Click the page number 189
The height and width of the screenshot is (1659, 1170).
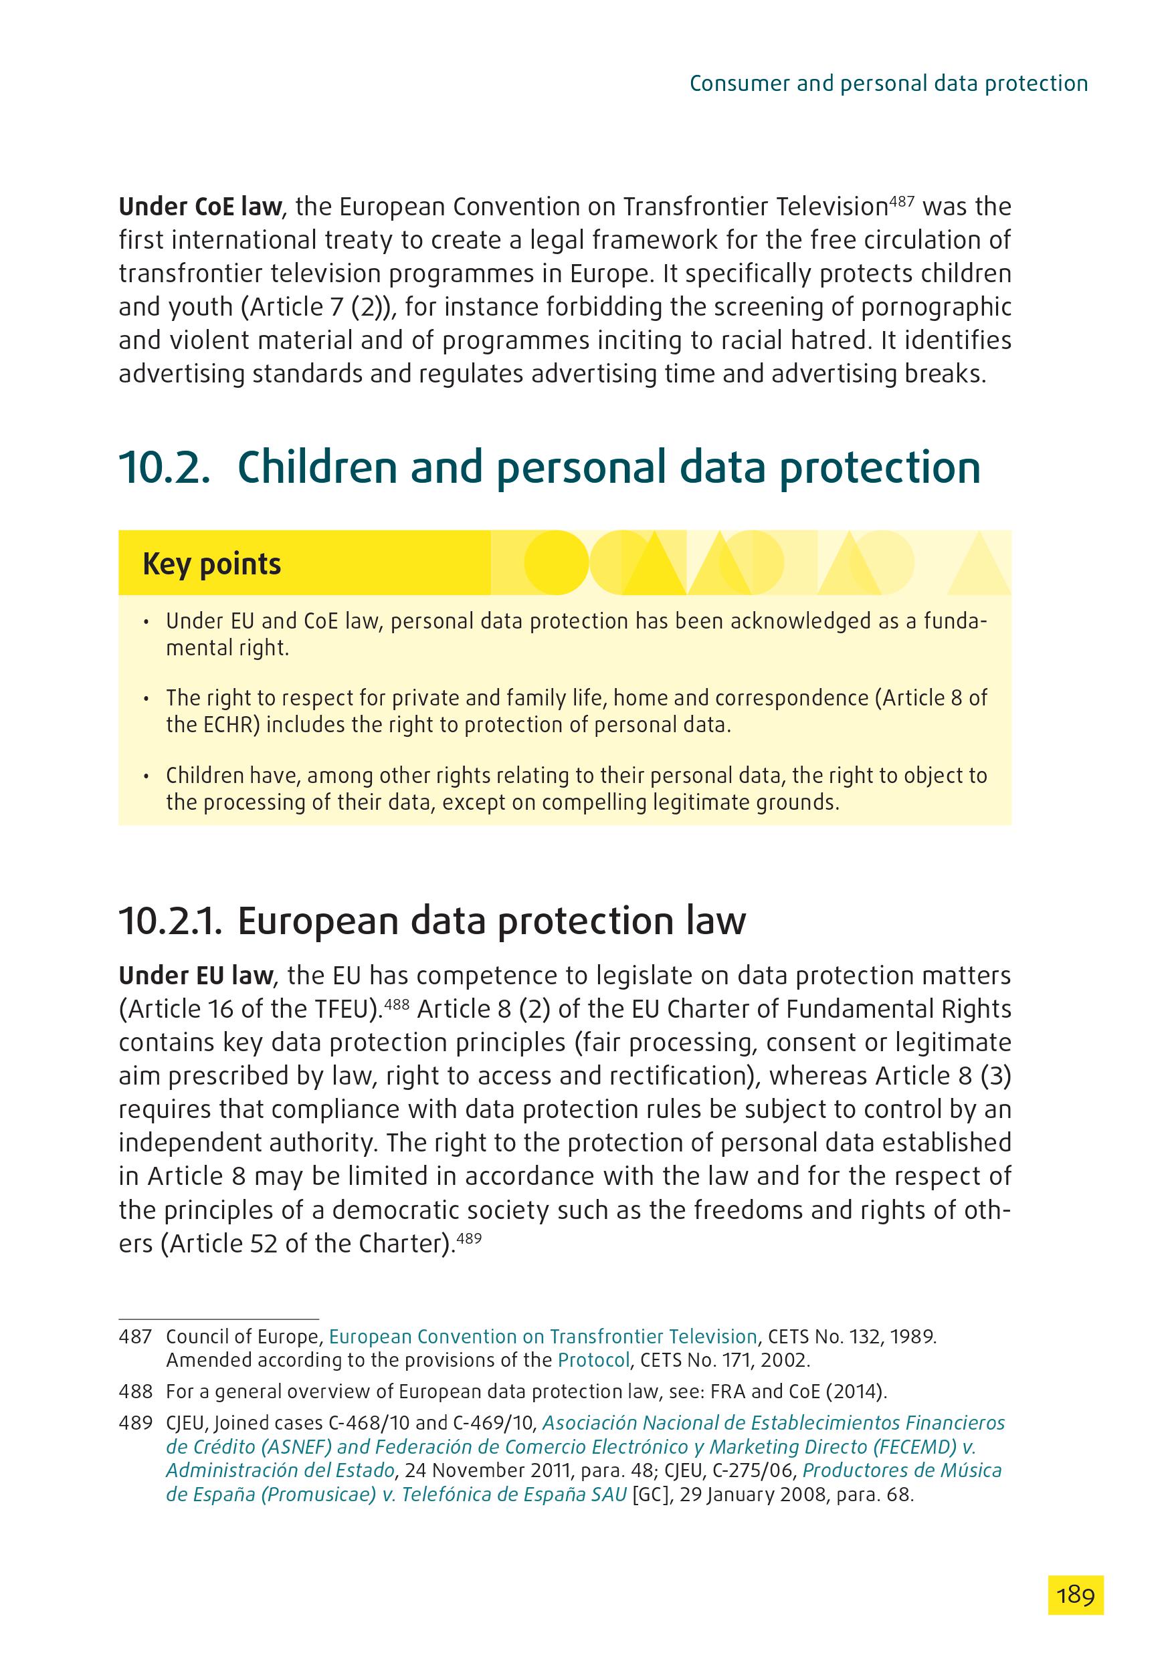click(1075, 1595)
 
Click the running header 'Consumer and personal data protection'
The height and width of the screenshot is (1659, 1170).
click(888, 84)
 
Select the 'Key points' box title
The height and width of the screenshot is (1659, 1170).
click(212, 564)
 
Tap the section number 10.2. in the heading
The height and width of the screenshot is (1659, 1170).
click(165, 467)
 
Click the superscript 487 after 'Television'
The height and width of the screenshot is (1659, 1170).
click(901, 201)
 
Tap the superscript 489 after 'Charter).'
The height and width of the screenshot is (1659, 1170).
click(469, 1238)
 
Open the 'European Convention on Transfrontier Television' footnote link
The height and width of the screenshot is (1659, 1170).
click(543, 1337)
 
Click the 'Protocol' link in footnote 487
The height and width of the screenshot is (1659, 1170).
click(593, 1361)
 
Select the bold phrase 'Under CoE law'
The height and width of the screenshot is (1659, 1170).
click(200, 207)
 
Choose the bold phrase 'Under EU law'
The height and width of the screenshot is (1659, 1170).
click(196, 976)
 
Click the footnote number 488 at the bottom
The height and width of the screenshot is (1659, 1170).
click(135, 1392)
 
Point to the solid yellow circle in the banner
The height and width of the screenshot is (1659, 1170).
click(556, 562)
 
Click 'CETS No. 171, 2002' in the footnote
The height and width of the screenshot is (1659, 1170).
click(725, 1361)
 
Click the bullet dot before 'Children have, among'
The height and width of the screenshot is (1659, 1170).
click(147, 777)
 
